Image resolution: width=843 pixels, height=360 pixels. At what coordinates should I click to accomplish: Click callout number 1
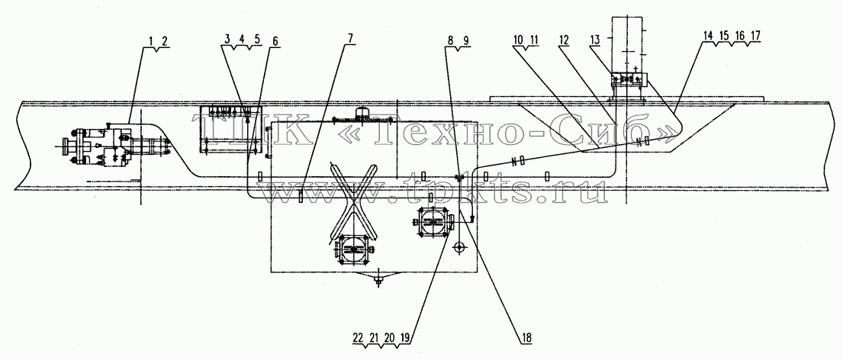(x=151, y=40)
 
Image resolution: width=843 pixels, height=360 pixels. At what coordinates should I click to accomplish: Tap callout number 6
(x=276, y=40)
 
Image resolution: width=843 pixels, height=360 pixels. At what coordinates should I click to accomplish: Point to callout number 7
(x=351, y=40)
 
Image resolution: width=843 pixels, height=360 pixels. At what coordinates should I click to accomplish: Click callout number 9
(x=465, y=40)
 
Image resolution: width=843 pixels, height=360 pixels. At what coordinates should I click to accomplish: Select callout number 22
(x=358, y=337)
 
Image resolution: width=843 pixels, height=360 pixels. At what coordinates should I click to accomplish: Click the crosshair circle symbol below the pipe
(x=459, y=247)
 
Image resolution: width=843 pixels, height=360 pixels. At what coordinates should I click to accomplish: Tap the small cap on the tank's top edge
(x=363, y=114)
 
